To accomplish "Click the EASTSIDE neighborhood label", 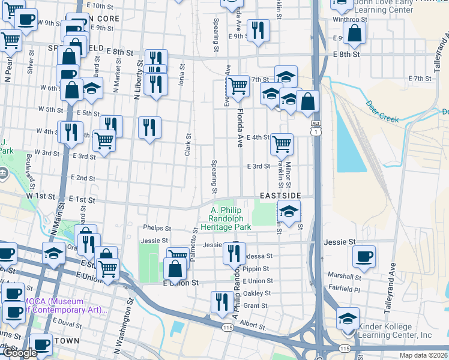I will [x=279, y=196].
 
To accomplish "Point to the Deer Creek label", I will [x=382, y=110].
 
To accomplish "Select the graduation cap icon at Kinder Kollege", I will [x=348, y=317].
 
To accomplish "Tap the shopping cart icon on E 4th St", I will [x=282, y=143].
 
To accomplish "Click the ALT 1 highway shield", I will [x=316, y=127].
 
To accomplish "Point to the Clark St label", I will [x=188, y=145].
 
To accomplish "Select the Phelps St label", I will [x=157, y=229].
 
